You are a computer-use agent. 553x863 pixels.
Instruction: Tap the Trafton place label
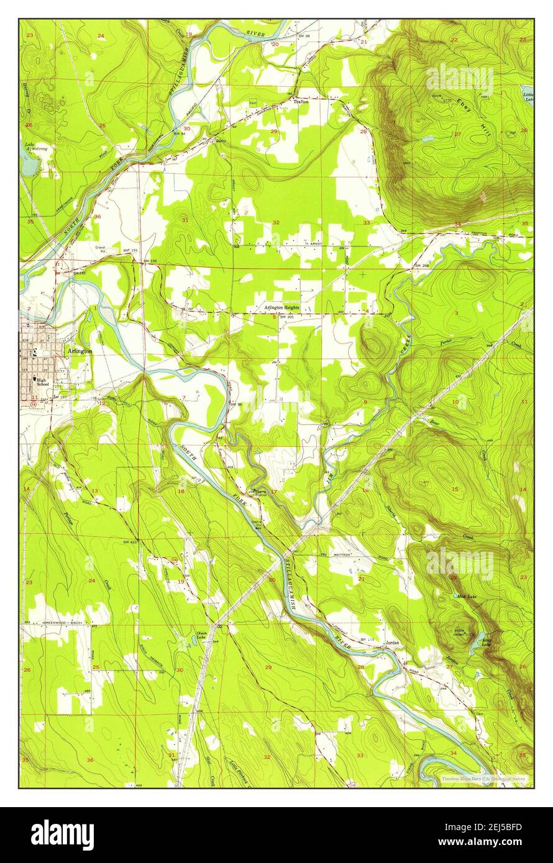pos(301,101)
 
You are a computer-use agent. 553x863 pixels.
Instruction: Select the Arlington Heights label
pos(281,308)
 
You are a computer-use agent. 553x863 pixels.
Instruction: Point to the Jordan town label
pos(392,644)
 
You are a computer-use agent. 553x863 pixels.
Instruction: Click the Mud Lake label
pos(466,596)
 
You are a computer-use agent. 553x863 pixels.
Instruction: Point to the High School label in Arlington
pos(42,382)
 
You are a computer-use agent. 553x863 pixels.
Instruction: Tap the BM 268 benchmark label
pos(421,266)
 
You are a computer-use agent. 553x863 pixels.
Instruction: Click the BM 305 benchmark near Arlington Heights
pos(286,317)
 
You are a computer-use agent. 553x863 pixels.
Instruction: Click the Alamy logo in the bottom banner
pos(62,834)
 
